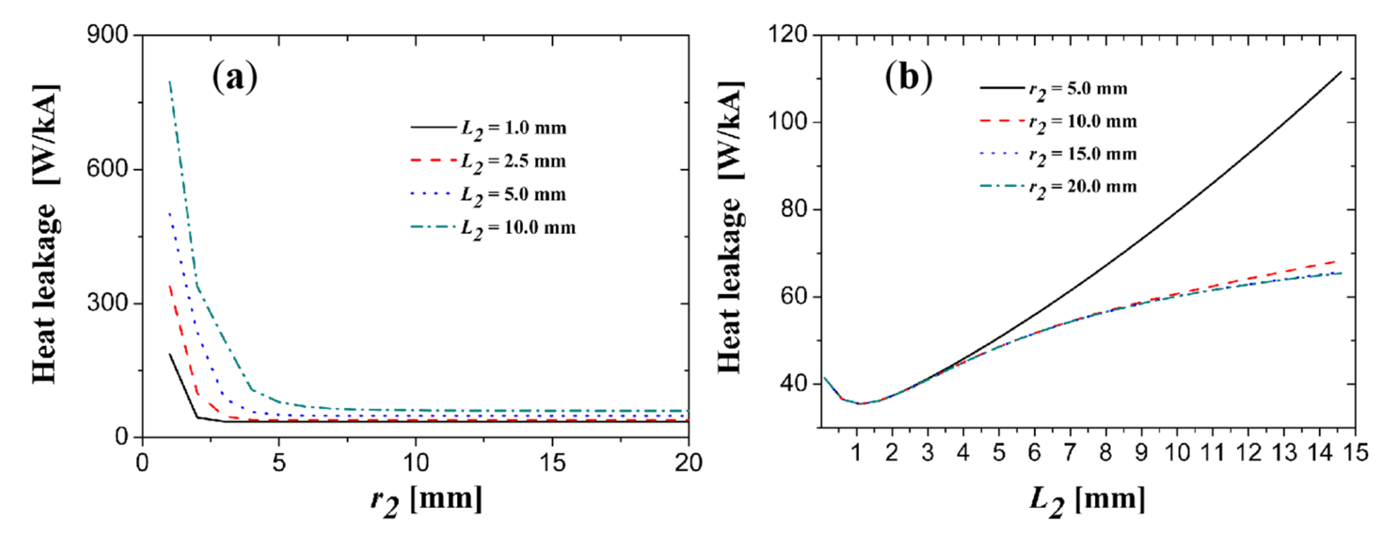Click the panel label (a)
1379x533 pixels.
234,78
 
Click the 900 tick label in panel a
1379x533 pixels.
107,35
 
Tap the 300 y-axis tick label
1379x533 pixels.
107,303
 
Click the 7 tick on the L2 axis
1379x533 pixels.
1070,453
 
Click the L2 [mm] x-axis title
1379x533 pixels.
1087,501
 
